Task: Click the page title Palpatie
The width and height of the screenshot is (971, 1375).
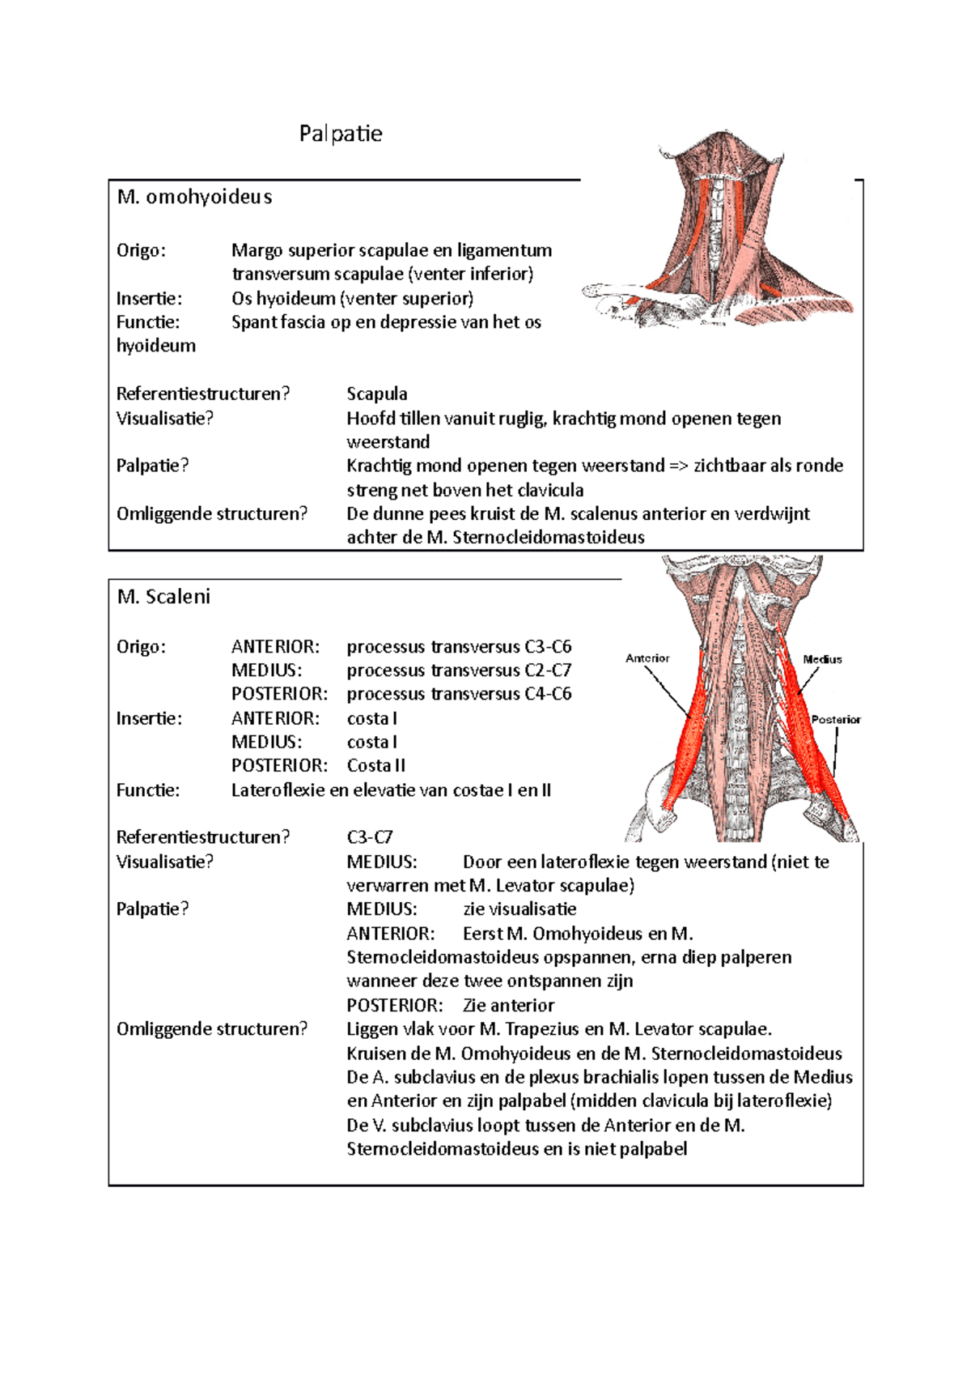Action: click(x=341, y=134)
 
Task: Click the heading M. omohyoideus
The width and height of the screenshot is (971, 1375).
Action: click(x=194, y=197)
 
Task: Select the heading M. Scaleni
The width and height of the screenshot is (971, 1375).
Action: click(x=163, y=597)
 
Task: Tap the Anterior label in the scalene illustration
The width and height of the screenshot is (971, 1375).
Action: click(x=647, y=658)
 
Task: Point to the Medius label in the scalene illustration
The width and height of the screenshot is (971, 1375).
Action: click(x=822, y=659)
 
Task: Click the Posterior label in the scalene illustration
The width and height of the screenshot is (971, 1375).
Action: click(x=836, y=719)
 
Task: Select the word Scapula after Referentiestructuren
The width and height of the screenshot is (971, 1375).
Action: click(x=377, y=394)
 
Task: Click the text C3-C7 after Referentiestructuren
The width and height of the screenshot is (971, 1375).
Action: click(x=370, y=837)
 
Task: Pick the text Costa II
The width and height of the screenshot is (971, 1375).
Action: click(x=376, y=766)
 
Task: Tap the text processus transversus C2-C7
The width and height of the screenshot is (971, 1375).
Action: click(x=459, y=670)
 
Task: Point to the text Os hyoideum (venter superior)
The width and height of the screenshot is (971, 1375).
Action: click(x=352, y=299)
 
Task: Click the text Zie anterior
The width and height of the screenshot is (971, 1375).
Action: click(x=508, y=1006)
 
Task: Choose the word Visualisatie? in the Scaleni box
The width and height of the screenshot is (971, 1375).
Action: click(x=165, y=862)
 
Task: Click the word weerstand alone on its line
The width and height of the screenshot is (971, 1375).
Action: click(x=388, y=442)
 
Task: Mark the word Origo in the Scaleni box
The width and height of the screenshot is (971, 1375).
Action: click(x=141, y=647)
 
